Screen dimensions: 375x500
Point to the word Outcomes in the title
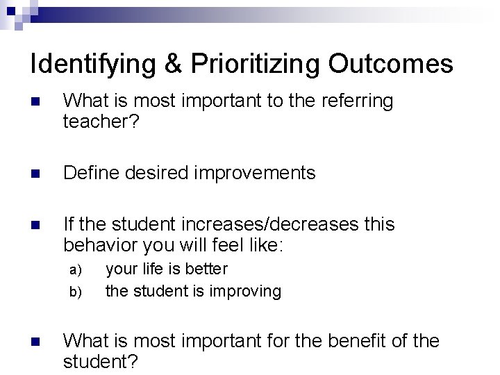pos(391,65)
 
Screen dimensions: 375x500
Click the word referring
pos(356,101)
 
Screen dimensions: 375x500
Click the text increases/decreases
pos(264,224)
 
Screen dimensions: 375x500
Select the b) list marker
pos(76,291)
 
